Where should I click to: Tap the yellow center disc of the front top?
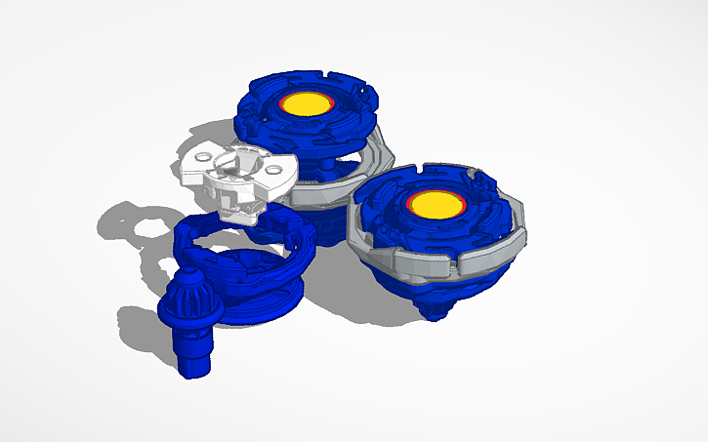pos(432,203)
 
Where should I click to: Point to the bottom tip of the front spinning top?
pos(434,313)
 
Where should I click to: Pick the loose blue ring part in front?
pos(249,273)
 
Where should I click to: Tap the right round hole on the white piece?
pos(270,170)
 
